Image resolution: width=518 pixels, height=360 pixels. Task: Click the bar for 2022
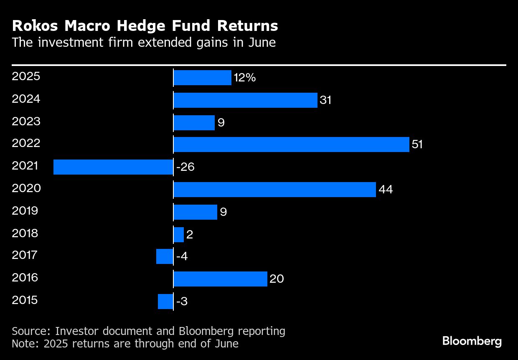tap(291, 145)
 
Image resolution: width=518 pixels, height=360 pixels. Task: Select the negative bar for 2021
tap(113, 167)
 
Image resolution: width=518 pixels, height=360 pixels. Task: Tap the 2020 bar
tap(274, 190)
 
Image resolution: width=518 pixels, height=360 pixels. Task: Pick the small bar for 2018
tap(179, 235)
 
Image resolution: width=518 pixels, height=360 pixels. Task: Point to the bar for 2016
tap(220, 279)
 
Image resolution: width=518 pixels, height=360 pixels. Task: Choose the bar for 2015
tap(165, 302)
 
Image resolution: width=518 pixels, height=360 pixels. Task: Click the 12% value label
tap(245, 78)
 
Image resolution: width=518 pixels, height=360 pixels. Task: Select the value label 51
tap(417, 145)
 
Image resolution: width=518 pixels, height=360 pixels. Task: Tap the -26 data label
tap(185, 167)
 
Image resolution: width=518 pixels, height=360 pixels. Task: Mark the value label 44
tap(386, 190)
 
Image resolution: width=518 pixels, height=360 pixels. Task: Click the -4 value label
tap(182, 256)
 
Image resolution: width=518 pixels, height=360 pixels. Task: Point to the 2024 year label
tap(26, 99)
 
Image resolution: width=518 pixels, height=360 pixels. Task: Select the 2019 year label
tap(25, 210)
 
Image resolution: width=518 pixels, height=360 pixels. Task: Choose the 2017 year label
tap(25, 255)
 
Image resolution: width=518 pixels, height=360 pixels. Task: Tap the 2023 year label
tap(26, 122)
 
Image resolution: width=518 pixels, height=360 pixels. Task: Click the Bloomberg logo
tap(472, 341)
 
